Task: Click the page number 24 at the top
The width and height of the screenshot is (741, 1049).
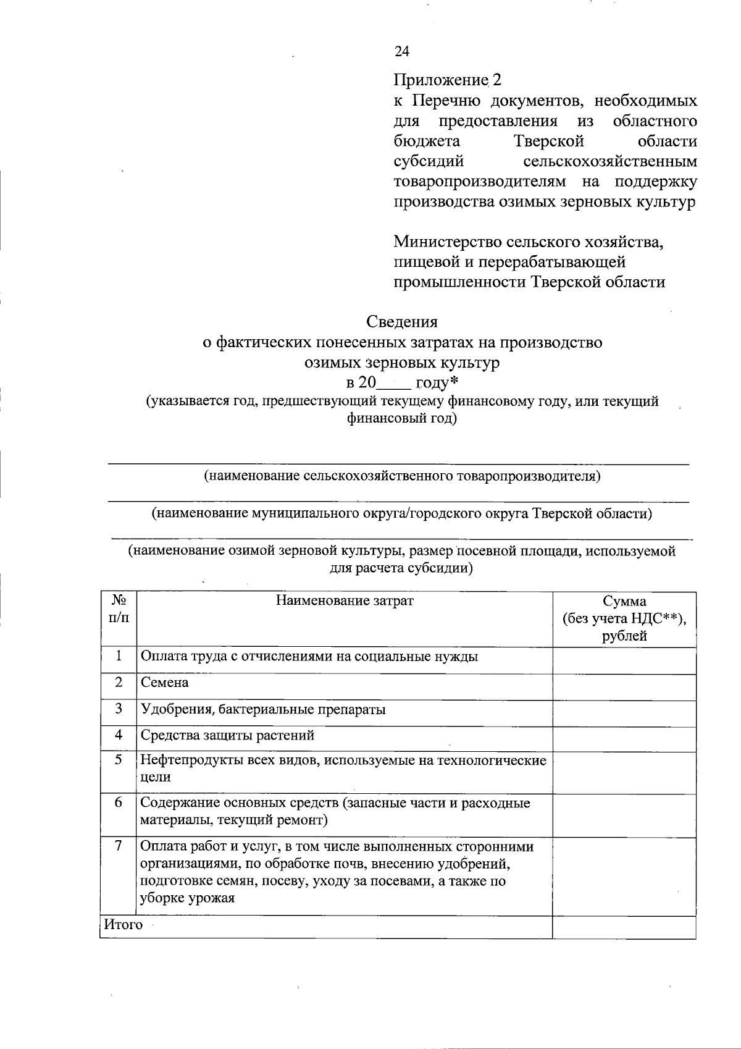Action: (401, 51)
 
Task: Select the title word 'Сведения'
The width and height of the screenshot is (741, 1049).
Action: (402, 321)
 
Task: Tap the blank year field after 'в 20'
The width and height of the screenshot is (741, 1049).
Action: (393, 384)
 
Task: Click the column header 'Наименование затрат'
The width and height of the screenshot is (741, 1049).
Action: (344, 600)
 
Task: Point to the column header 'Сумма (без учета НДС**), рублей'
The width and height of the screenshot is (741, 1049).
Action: (624, 618)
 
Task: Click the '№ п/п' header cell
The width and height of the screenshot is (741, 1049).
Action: (119, 609)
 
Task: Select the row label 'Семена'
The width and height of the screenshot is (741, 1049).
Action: (165, 683)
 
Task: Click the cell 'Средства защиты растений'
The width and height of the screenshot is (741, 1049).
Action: (228, 735)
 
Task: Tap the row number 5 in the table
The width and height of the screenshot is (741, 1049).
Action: (119, 759)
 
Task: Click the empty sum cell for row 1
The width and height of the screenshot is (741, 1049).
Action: (624, 660)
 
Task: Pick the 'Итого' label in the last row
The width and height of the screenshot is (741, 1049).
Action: (123, 925)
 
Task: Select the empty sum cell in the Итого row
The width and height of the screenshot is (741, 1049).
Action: (624, 927)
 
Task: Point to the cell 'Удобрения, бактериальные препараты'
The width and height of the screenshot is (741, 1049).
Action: (264, 709)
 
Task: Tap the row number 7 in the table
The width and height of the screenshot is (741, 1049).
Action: (119, 845)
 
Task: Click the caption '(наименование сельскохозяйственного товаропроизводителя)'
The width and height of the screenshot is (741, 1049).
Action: (402, 476)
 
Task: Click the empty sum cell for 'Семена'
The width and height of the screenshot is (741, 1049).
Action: (624, 686)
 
